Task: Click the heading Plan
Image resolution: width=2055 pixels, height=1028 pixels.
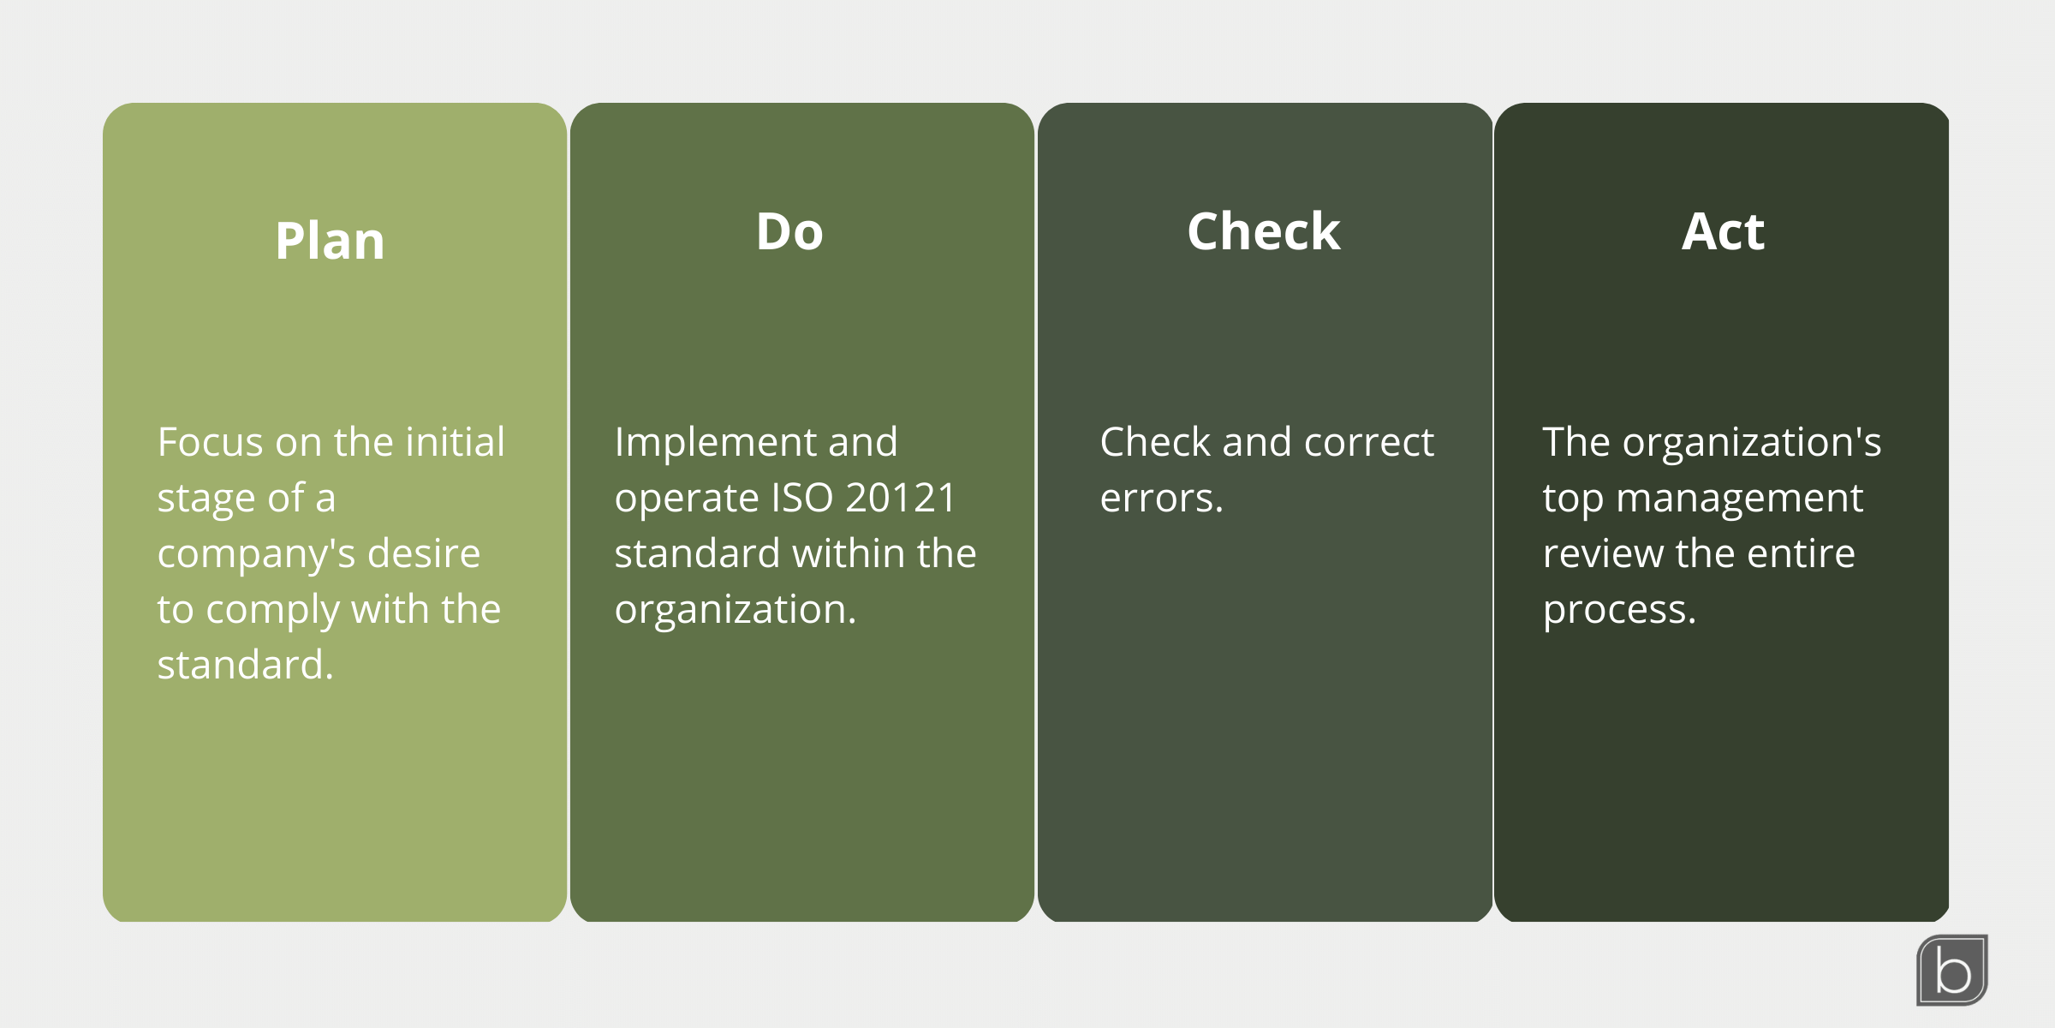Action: tap(330, 241)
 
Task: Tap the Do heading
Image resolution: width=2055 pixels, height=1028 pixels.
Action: tap(789, 232)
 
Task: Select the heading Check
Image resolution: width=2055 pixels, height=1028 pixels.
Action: tap(1264, 232)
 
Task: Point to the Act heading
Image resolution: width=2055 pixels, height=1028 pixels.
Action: tap(1723, 232)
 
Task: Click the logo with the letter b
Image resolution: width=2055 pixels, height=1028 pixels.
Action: tap(1952, 970)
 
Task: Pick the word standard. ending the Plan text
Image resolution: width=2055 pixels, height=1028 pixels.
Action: tap(245, 666)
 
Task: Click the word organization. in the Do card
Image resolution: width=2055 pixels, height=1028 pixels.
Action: tap(735, 610)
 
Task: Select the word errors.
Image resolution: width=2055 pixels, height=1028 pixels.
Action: tap(1161, 499)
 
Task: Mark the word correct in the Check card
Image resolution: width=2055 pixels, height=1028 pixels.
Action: tap(1368, 443)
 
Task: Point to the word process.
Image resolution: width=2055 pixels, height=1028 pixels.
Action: tap(1618, 611)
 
